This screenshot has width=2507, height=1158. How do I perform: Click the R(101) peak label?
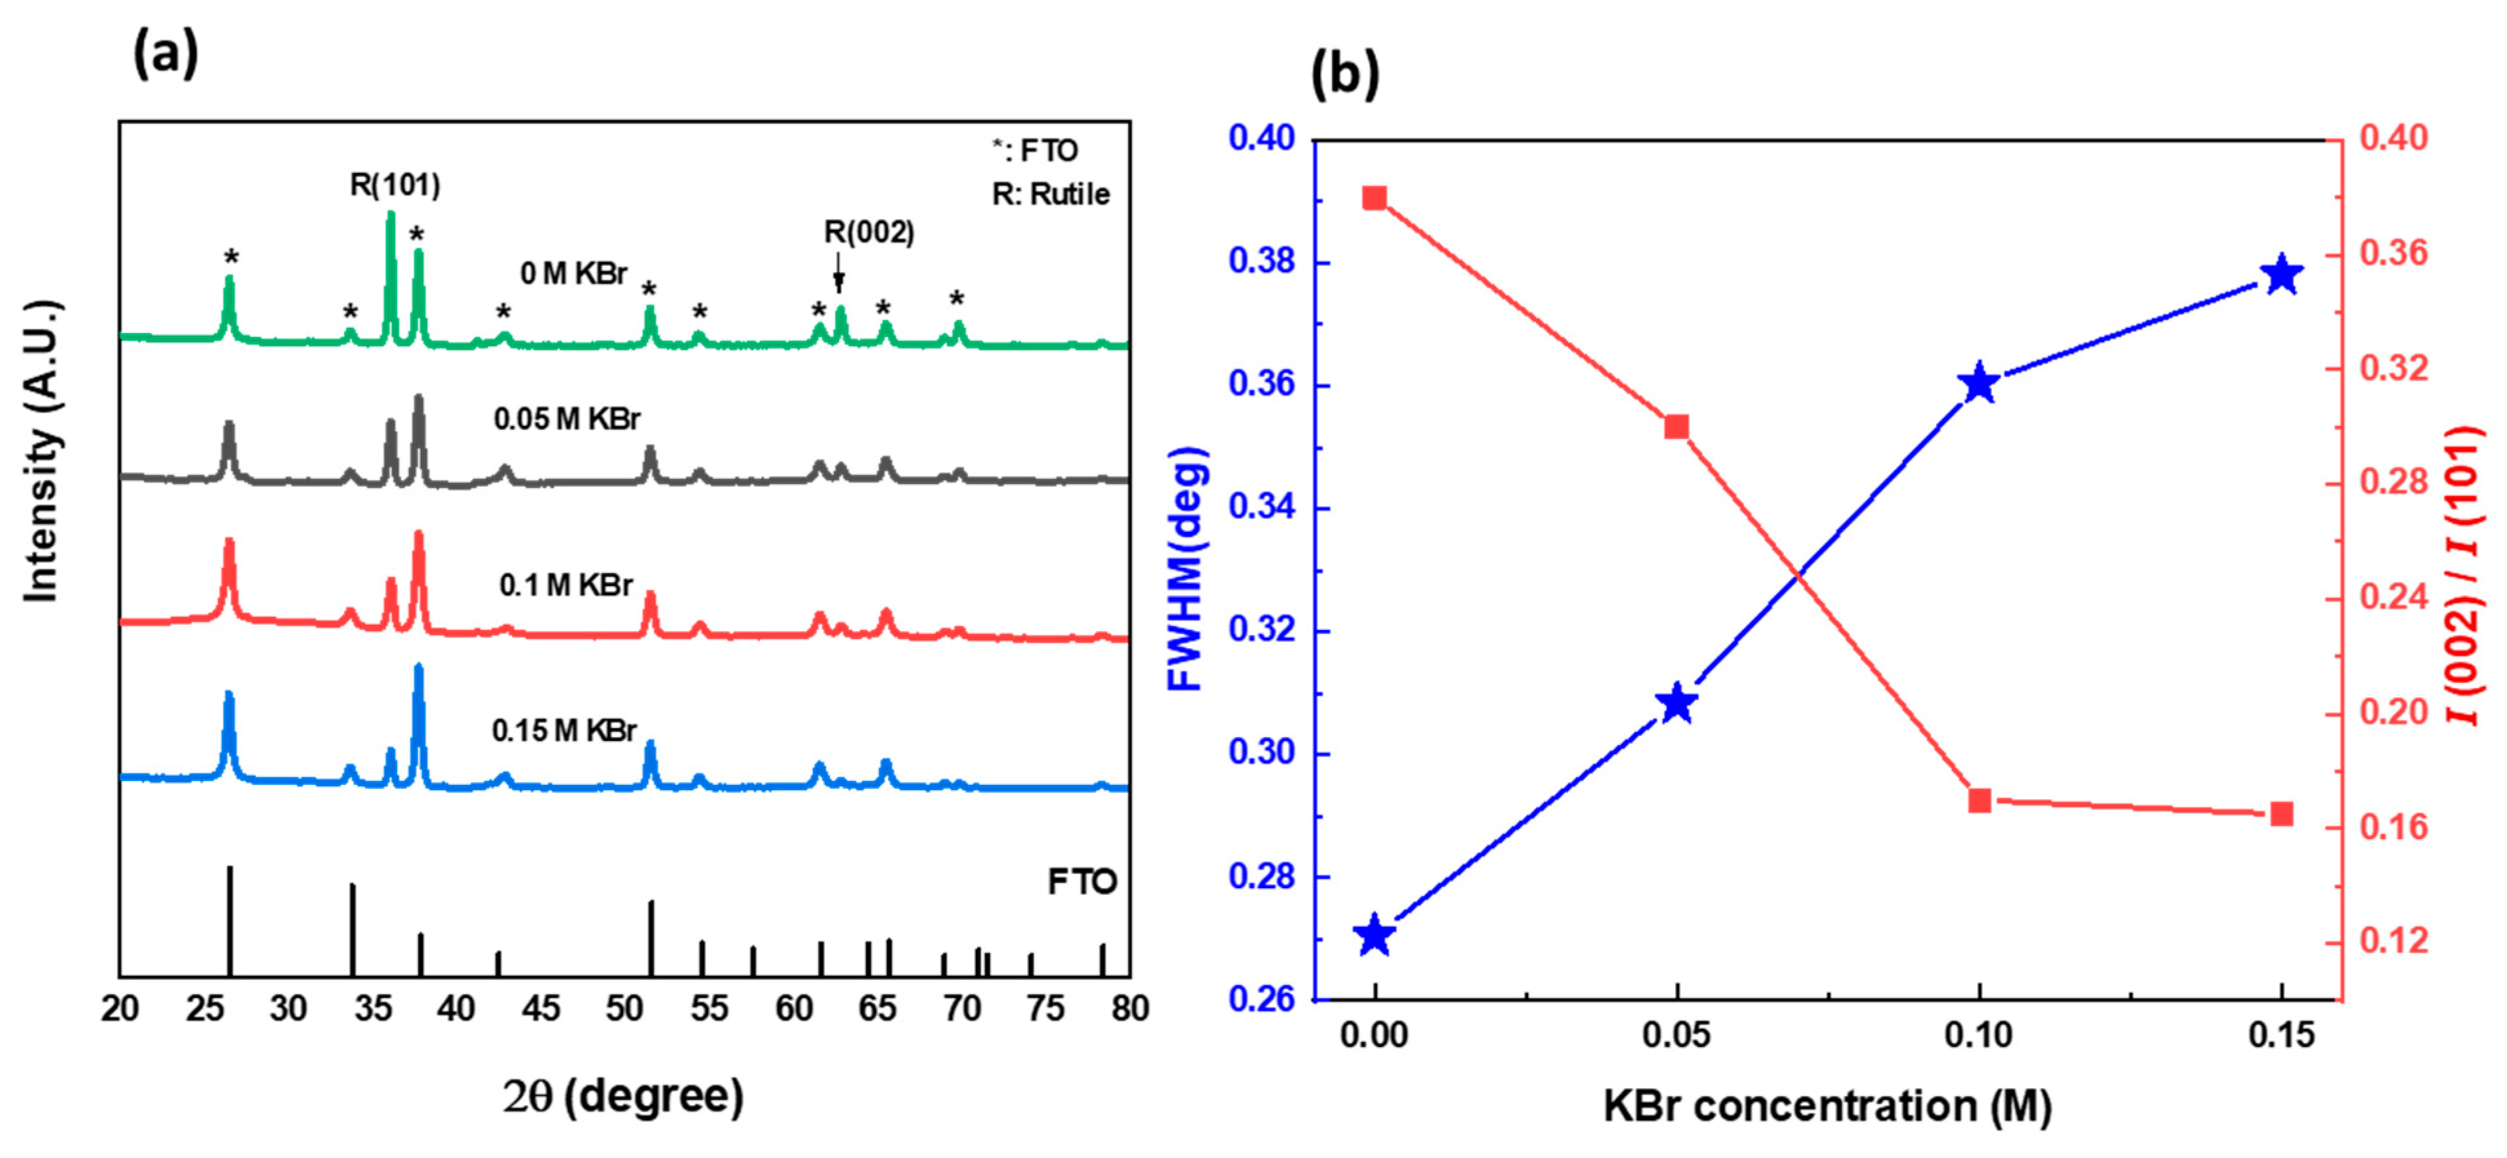pos(395,185)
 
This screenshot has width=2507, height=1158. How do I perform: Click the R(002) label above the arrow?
pos(869,232)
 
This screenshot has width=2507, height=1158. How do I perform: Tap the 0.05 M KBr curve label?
pos(567,420)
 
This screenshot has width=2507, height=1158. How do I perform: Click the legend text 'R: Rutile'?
pos(1051,195)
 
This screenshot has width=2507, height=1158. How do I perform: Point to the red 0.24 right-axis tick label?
pos(2393,596)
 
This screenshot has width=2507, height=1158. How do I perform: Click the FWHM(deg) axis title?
pos(1187,569)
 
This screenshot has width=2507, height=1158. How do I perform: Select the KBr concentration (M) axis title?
pos(1827,1106)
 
